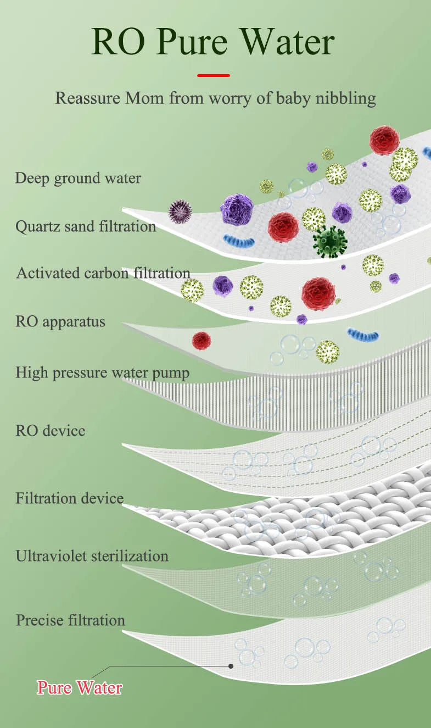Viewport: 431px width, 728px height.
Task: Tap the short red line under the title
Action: click(x=214, y=75)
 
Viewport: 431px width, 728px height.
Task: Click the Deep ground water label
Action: click(x=78, y=178)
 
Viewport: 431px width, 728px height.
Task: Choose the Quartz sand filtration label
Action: click(x=86, y=226)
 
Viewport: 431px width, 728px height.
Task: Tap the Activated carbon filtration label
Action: click(x=103, y=273)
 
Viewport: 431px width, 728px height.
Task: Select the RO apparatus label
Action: click(x=60, y=321)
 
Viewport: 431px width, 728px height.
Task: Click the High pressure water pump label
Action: click(x=102, y=373)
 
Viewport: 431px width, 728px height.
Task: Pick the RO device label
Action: click(x=51, y=430)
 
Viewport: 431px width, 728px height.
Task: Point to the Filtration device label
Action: click(x=70, y=499)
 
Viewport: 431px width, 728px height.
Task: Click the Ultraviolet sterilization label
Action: click(x=92, y=555)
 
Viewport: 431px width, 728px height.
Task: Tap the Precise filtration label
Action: click(x=71, y=620)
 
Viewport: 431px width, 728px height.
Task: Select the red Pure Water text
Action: click(x=80, y=687)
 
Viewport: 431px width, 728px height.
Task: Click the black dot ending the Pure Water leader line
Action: click(x=231, y=666)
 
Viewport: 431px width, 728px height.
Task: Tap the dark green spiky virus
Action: click(x=329, y=241)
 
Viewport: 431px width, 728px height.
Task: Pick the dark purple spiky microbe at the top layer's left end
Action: click(x=180, y=210)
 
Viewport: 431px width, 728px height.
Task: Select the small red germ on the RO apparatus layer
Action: click(x=201, y=341)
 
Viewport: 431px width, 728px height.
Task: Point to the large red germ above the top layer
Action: click(x=384, y=140)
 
